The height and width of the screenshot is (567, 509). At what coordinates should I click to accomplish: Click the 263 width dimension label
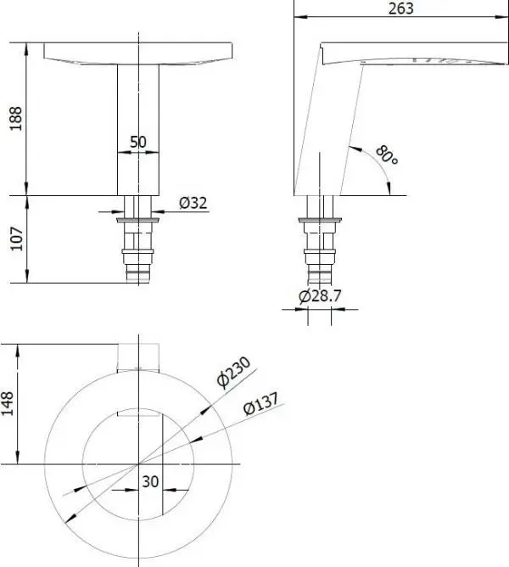[x=401, y=8]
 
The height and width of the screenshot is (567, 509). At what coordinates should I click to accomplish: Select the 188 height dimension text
[x=16, y=119]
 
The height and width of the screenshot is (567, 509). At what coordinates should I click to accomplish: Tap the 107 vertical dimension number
[x=17, y=239]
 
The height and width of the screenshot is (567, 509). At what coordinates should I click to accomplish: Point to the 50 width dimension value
[x=138, y=142]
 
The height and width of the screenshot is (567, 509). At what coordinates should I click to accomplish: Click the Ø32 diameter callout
[x=193, y=203]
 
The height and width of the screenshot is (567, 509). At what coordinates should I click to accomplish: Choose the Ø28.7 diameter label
[x=320, y=295]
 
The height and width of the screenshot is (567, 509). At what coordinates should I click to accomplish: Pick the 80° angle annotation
[x=387, y=154]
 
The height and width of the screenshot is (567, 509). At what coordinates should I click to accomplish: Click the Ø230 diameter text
[x=233, y=372]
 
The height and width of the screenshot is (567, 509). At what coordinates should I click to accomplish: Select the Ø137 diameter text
[x=261, y=403]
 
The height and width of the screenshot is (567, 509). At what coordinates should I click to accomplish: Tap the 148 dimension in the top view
[x=8, y=403]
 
